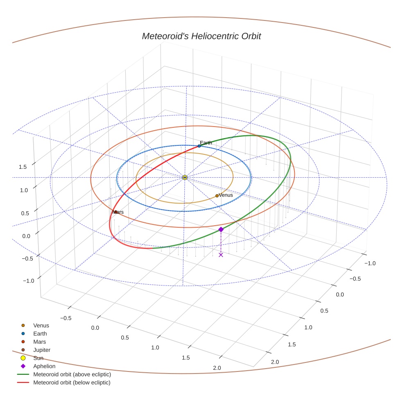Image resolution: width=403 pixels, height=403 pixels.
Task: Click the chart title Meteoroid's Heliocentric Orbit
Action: pyautogui.click(x=201, y=36)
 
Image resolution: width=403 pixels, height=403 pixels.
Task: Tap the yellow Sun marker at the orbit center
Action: pyautogui.click(x=185, y=177)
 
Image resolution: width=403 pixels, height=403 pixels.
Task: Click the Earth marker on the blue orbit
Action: pyautogui.click(x=199, y=146)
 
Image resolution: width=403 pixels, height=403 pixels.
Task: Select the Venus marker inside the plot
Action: pyautogui.click(x=217, y=196)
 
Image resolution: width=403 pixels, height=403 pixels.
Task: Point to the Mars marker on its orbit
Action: pyautogui.click(x=116, y=212)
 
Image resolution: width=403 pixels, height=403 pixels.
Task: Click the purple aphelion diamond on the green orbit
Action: pyautogui.click(x=221, y=229)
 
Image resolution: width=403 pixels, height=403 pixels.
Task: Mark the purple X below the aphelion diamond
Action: pyautogui.click(x=221, y=255)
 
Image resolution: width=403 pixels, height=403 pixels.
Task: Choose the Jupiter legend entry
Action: pyautogui.click(x=41, y=350)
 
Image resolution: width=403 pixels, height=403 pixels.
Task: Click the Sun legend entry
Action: pyautogui.click(x=38, y=358)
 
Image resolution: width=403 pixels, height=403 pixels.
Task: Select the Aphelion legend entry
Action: pyautogui.click(x=44, y=366)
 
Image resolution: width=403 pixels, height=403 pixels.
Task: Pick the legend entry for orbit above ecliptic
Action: pyautogui.click(x=72, y=374)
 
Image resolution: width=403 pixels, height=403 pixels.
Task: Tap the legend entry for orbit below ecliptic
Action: pyautogui.click(x=72, y=383)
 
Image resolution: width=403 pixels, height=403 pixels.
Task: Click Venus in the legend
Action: pyautogui.click(x=41, y=326)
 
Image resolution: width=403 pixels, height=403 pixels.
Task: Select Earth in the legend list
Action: pyautogui.click(x=40, y=334)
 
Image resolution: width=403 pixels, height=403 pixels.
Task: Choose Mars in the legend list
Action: pyautogui.click(x=39, y=342)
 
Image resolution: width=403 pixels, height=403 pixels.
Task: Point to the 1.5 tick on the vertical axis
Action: pyautogui.click(x=23, y=167)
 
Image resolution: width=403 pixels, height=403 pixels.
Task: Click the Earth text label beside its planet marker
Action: pyautogui.click(x=206, y=143)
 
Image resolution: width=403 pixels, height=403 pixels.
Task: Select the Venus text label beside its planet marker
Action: pyautogui.click(x=226, y=195)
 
